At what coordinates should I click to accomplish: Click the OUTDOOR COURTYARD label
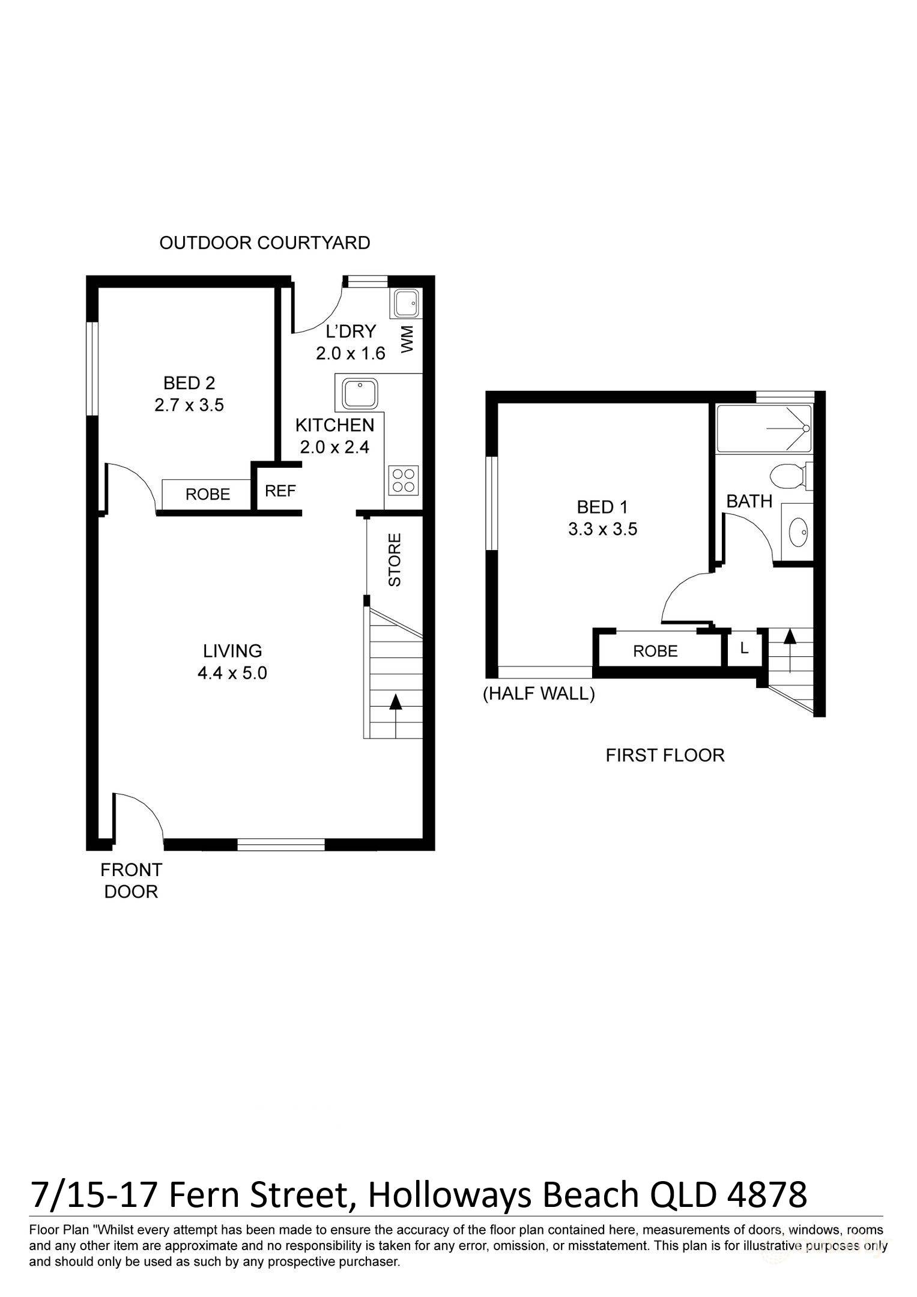pyautogui.click(x=265, y=243)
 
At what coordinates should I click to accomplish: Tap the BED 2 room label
pyautogui.click(x=189, y=382)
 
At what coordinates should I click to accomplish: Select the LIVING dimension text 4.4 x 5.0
pyautogui.click(x=232, y=673)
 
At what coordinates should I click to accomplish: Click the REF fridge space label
pyautogui.click(x=280, y=491)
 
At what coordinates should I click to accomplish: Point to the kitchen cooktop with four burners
pyautogui.click(x=403, y=480)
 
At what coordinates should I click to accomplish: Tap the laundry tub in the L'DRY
pyautogui.click(x=405, y=304)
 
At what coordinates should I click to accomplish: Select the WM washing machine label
pyautogui.click(x=407, y=339)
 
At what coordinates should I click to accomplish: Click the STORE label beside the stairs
pyautogui.click(x=395, y=560)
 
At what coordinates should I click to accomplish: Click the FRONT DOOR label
pyautogui.click(x=131, y=880)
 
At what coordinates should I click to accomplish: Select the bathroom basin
pyautogui.click(x=798, y=533)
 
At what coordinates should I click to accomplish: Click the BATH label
pyautogui.click(x=749, y=501)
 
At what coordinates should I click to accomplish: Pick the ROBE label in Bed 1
pyautogui.click(x=655, y=651)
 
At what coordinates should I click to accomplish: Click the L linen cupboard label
pyautogui.click(x=744, y=648)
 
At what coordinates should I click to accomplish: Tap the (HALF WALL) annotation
pyautogui.click(x=539, y=694)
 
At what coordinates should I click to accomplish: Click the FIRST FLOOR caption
pyautogui.click(x=665, y=755)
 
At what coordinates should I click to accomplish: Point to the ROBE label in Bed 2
pyautogui.click(x=208, y=494)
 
